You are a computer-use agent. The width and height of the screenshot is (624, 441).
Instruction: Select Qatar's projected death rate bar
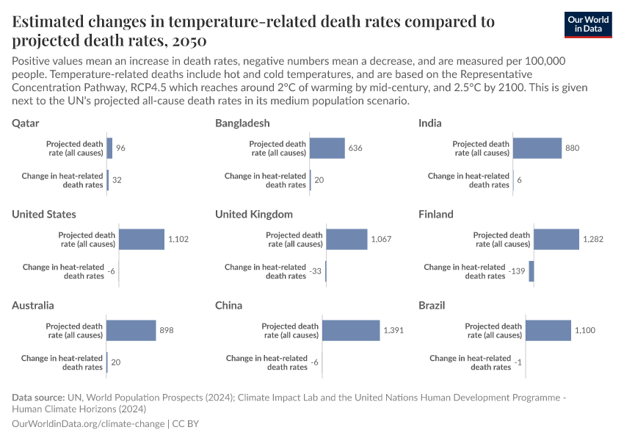point(109,148)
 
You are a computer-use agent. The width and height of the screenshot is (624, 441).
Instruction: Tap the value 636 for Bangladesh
point(355,148)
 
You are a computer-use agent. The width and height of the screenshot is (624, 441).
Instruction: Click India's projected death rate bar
point(537,148)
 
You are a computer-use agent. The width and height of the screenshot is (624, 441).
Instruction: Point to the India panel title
point(430,123)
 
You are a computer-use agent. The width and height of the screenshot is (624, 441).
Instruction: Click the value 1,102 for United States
point(179,240)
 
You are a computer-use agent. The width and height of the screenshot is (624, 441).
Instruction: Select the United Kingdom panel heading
point(254,214)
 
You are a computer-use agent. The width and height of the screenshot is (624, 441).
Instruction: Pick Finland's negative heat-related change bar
point(531,271)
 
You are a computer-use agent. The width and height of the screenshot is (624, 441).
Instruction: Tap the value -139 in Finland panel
point(517,272)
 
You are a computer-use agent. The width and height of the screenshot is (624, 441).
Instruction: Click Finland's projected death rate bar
point(556,240)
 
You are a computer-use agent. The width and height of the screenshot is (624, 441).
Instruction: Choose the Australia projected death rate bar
point(131,331)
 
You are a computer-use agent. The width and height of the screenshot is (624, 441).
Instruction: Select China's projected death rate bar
point(351,331)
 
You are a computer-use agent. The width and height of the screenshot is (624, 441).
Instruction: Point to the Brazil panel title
point(432,305)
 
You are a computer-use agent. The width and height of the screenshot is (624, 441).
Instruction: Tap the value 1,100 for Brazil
point(585,331)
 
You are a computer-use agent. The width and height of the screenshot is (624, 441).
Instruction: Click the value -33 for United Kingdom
point(316,272)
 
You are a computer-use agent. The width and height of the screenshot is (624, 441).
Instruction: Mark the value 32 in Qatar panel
point(117,180)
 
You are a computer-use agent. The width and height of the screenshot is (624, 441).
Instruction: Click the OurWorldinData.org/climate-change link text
point(89,424)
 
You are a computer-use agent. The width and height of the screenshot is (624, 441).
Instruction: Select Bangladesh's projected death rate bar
point(327,148)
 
